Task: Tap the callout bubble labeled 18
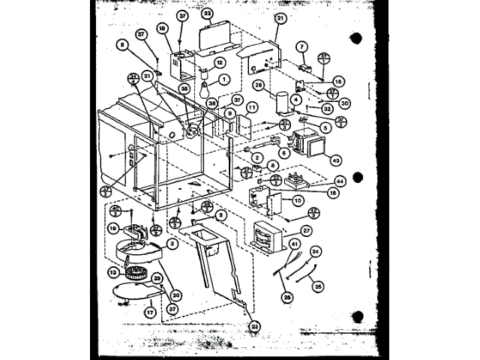point(162,28)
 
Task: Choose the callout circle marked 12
point(219,62)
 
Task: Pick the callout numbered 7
point(301,46)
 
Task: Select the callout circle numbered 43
point(336,160)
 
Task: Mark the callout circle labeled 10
point(298,201)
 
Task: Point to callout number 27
point(307,231)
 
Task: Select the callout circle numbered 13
point(115,272)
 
